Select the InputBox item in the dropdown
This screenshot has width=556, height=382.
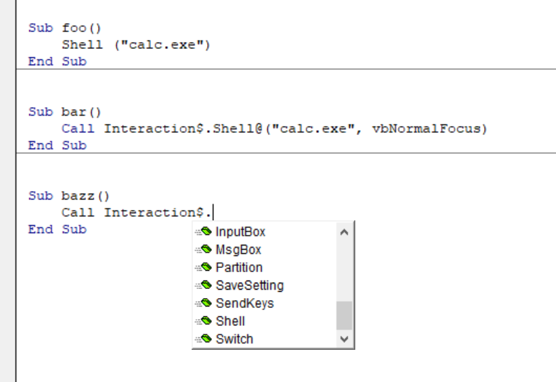[241, 232]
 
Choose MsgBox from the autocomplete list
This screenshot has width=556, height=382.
[238, 250]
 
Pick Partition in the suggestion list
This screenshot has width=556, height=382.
[239, 267]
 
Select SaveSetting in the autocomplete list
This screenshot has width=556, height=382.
[250, 285]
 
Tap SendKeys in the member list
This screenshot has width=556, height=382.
[245, 304]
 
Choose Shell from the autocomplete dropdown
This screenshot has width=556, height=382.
[230, 321]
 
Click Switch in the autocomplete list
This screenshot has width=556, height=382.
[234, 339]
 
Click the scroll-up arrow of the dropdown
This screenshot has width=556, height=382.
[343, 232]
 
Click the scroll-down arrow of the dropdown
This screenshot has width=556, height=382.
[343, 339]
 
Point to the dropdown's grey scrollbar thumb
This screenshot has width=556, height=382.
[343, 316]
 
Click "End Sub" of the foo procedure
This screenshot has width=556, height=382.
[57, 62]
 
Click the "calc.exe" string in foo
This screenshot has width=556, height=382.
[164, 45]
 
